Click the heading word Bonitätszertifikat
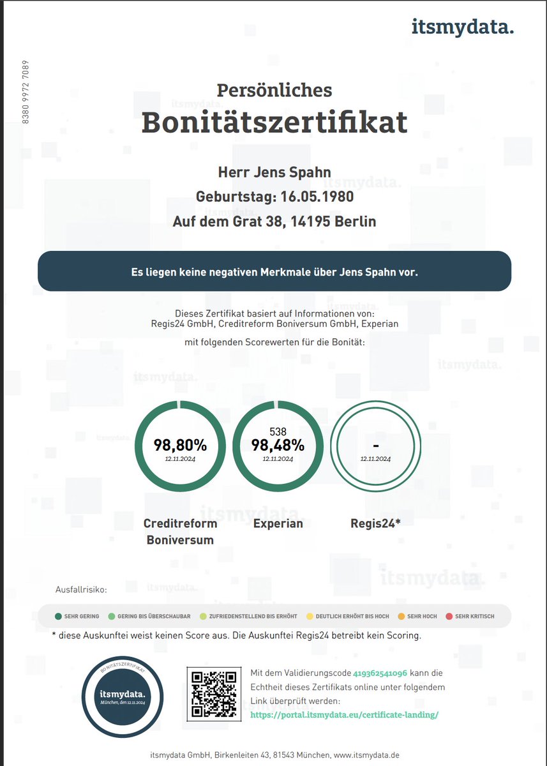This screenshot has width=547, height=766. click(274, 123)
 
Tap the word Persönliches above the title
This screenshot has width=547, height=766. click(274, 90)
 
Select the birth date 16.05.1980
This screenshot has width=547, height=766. click(315, 197)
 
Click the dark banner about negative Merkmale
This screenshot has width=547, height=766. click(274, 271)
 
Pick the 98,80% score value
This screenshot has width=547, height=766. click(180, 445)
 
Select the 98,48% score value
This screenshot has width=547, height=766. click(278, 445)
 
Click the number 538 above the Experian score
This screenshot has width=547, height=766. click(278, 432)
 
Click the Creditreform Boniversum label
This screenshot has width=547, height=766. click(180, 531)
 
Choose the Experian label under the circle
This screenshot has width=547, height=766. click(278, 523)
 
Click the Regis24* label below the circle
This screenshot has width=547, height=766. click(375, 523)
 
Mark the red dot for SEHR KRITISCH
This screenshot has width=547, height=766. click(449, 616)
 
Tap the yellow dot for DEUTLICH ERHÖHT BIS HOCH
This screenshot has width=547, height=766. click(310, 616)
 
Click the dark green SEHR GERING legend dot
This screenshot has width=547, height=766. click(58, 616)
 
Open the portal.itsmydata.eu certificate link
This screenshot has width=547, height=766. click(345, 714)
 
